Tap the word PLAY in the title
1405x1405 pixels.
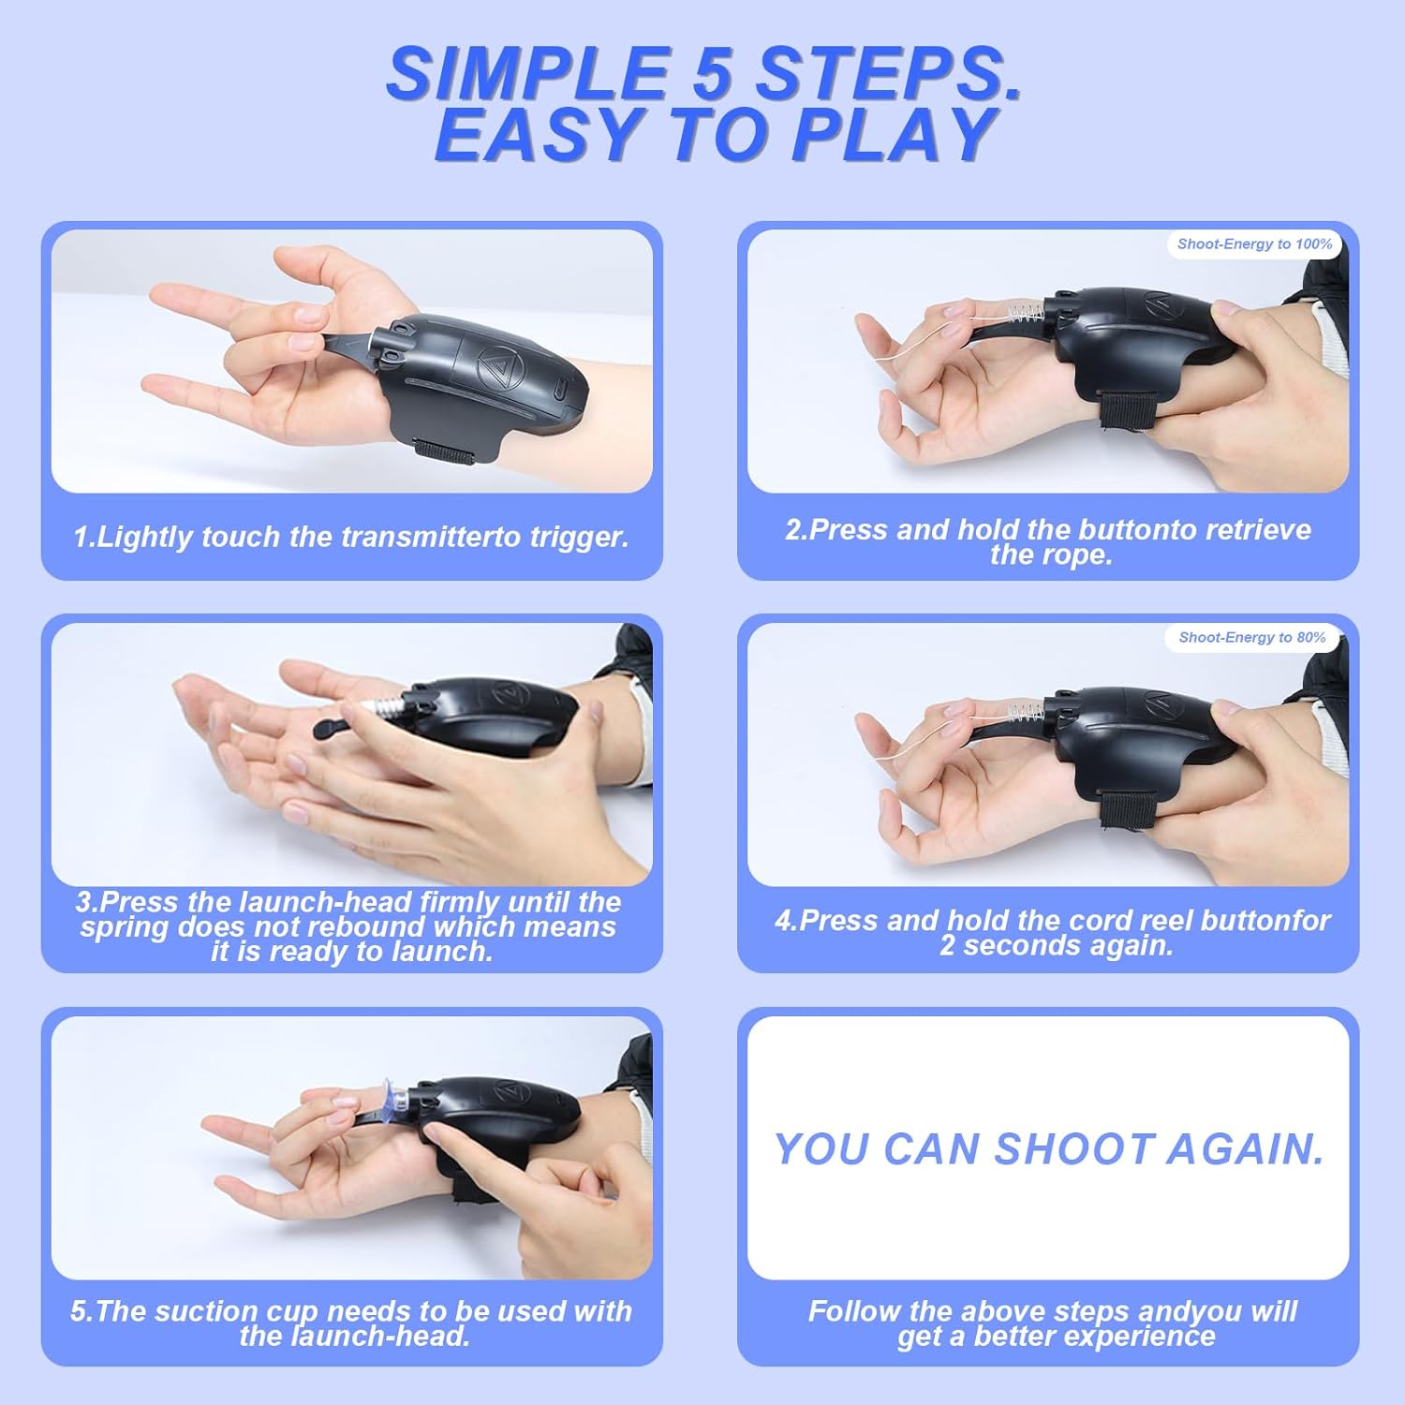(x=894, y=134)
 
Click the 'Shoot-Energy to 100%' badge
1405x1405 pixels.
(x=1254, y=244)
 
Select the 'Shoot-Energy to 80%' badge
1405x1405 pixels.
(x=1252, y=637)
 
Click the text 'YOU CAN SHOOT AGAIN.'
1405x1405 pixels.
(x=1049, y=1149)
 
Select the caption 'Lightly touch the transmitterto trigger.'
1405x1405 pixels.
(x=351, y=537)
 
